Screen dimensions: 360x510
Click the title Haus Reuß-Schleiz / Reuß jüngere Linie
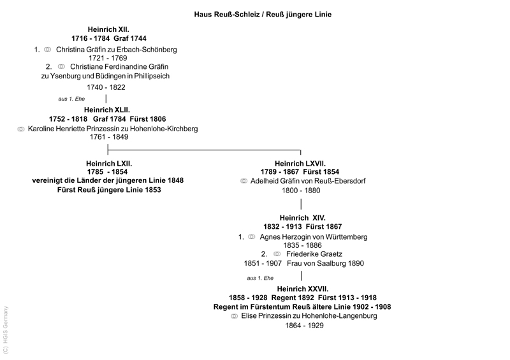[263, 14]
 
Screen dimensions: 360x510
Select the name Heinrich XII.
[108, 29]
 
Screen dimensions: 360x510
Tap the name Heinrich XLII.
[108, 110]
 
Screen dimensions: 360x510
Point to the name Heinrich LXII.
[108, 163]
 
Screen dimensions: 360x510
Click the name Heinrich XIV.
[302, 218]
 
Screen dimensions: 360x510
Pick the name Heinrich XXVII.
[302, 289]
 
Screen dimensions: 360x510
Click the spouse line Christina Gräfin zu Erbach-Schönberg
[116, 49]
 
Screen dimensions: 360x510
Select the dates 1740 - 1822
[106, 87]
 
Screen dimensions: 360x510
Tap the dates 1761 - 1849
[108, 137]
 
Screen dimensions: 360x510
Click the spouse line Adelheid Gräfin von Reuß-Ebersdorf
[308, 181]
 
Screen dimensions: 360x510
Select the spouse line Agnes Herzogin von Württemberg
[313, 236]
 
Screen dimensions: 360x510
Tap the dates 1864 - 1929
[304, 325]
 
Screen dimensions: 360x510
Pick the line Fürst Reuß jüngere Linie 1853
[108, 190]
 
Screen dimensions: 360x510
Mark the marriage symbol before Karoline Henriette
[21, 129]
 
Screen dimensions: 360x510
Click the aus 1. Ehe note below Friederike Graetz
[260, 278]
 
